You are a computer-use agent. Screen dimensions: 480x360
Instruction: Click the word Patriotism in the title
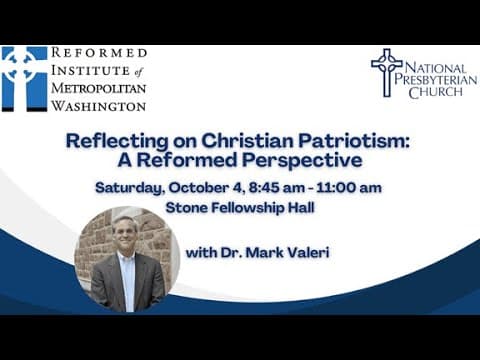(353, 141)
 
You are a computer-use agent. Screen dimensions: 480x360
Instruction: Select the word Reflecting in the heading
(117, 141)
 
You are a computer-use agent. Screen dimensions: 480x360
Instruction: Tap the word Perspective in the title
(302, 160)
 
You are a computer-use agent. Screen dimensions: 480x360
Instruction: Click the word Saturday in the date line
(130, 188)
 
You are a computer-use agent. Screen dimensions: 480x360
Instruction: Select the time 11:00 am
(349, 188)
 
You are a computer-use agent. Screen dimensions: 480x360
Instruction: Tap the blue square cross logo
(24, 79)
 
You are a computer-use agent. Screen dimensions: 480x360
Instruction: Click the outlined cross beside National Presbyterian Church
(387, 72)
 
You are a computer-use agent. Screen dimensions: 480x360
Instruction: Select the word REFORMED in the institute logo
(99, 53)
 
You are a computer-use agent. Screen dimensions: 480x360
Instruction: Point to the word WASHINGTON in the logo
(99, 106)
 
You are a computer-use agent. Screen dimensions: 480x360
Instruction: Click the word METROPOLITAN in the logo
(99, 88)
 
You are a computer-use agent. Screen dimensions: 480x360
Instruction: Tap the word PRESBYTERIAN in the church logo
(436, 80)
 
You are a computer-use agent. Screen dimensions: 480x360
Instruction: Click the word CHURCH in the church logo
(436, 92)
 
